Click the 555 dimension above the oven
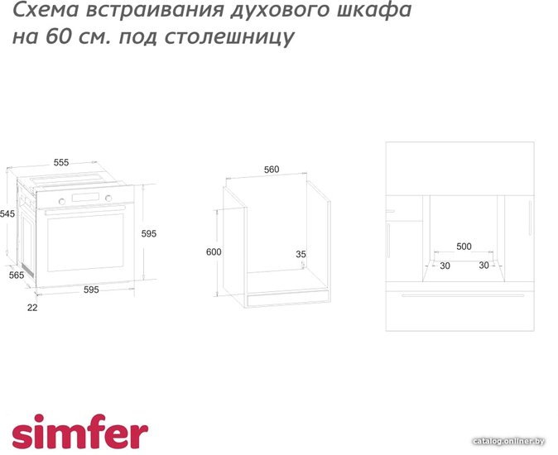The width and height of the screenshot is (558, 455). click(61, 162)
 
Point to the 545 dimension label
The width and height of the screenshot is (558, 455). click(7, 213)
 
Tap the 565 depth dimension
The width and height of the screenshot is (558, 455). click(17, 275)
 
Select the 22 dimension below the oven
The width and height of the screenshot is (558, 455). click(32, 308)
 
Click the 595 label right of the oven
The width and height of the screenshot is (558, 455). click(149, 233)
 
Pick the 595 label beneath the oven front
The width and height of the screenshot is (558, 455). click(91, 290)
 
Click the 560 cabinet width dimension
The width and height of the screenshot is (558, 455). click(272, 170)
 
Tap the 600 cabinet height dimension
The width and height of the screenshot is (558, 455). click(214, 251)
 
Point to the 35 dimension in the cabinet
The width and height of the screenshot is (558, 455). click(301, 254)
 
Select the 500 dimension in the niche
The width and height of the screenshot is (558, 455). click(464, 247)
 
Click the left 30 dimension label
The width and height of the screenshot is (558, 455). click(445, 266)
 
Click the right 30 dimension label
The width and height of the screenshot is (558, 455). click(483, 266)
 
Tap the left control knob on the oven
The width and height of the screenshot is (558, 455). click(62, 202)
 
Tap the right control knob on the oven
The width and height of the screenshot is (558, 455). click(108, 199)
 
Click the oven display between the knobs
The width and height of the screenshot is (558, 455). click(85, 197)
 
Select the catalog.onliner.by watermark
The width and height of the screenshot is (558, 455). click(509, 441)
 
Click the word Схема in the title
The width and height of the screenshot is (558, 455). click(46, 10)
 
